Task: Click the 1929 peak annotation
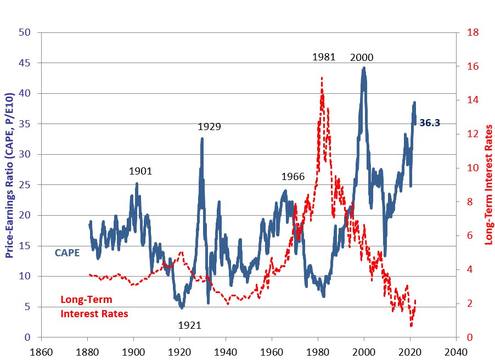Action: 209,127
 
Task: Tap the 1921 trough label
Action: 190,325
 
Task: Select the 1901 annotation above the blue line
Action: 140,171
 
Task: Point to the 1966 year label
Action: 293,177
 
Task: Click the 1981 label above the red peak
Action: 324,57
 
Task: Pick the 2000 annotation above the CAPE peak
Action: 362,58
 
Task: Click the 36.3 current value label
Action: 430,122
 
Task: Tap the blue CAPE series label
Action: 67,253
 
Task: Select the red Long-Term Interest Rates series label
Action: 94,307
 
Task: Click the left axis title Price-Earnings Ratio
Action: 9,175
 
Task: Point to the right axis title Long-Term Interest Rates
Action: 488,185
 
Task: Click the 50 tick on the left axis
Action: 25,32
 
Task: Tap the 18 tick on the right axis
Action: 473,32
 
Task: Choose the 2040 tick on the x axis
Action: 456,352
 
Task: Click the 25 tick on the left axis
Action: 25,185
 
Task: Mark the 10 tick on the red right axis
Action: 473,168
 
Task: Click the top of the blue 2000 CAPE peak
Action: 364,67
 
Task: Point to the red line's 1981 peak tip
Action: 322,77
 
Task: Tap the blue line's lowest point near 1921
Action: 182,307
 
